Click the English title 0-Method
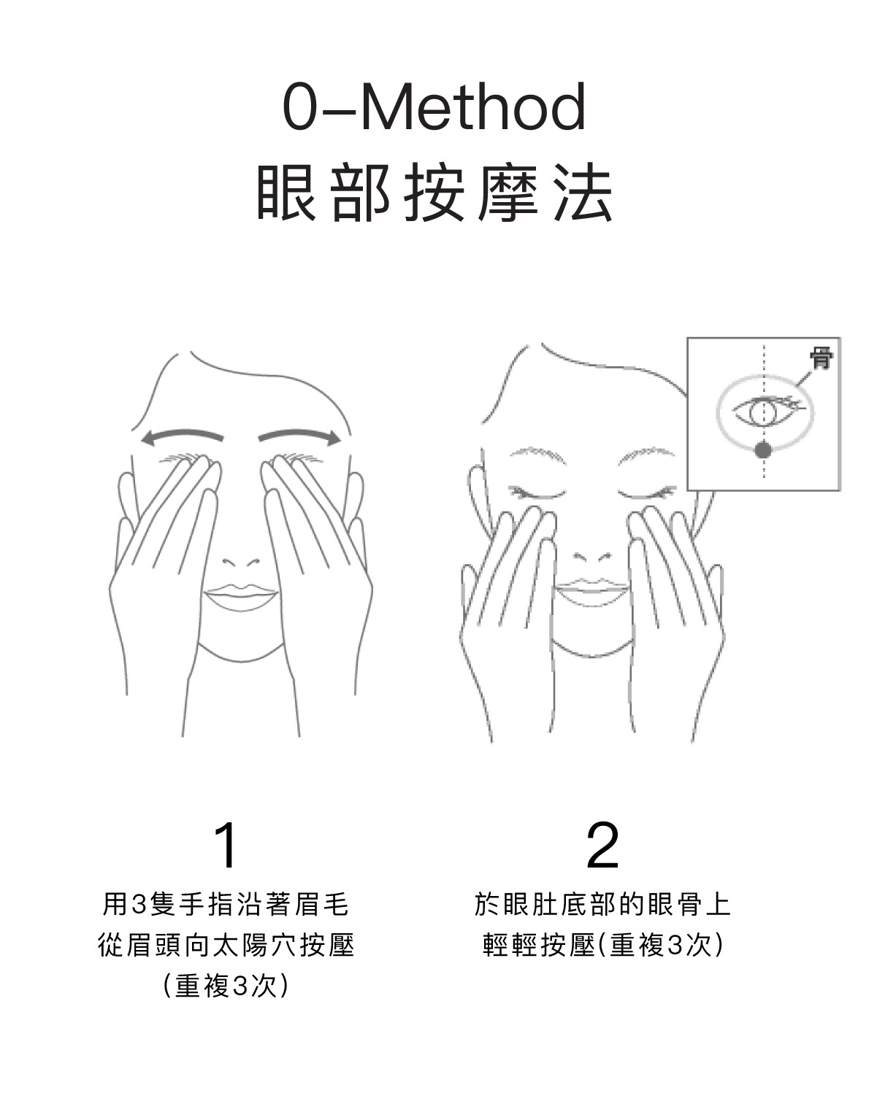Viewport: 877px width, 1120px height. pyautogui.click(x=434, y=108)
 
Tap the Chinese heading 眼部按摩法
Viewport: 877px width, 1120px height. pyautogui.click(x=434, y=193)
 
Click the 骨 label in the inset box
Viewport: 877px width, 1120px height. pyautogui.click(x=821, y=358)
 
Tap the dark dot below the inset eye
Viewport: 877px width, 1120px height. pyautogui.click(x=763, y=450)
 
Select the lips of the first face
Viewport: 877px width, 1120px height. pyautogui.click(x=242, y=597)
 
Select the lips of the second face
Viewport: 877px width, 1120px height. pyautogui.click(x=592, y=591)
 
